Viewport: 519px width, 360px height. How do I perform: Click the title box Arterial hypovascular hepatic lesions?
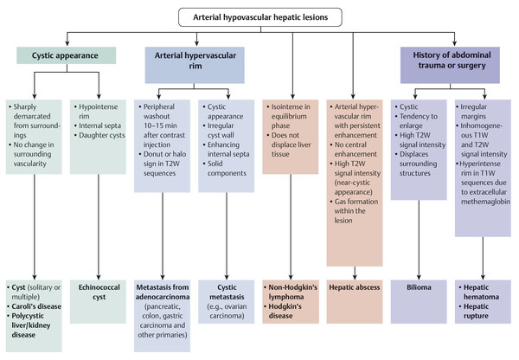[x=259, y=16]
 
